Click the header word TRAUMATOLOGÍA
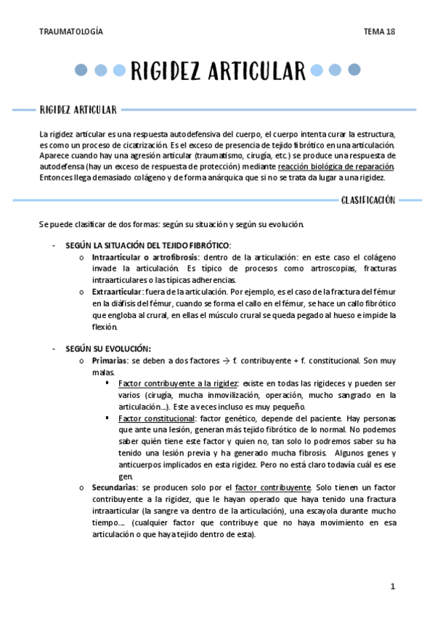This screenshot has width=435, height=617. click(x=71, y=32)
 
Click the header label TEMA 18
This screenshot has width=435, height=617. click(x=380, y=32)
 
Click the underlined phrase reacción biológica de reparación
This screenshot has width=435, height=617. click(x=337, y=167)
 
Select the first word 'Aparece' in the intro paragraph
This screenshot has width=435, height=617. click(x=55, y=156)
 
